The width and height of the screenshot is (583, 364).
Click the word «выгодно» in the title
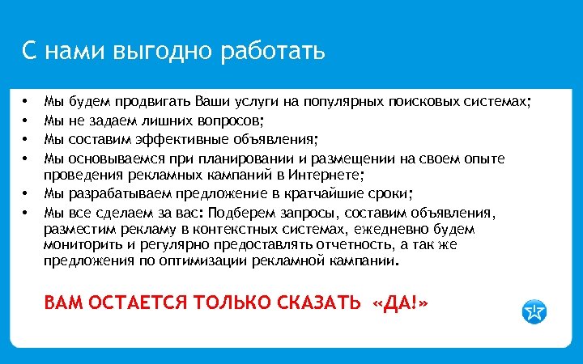pos(165,53)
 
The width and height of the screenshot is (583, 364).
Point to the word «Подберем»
pos(248,212)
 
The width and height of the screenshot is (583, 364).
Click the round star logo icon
pos(534,311)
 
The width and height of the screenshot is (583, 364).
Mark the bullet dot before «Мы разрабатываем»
pos(27,193)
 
